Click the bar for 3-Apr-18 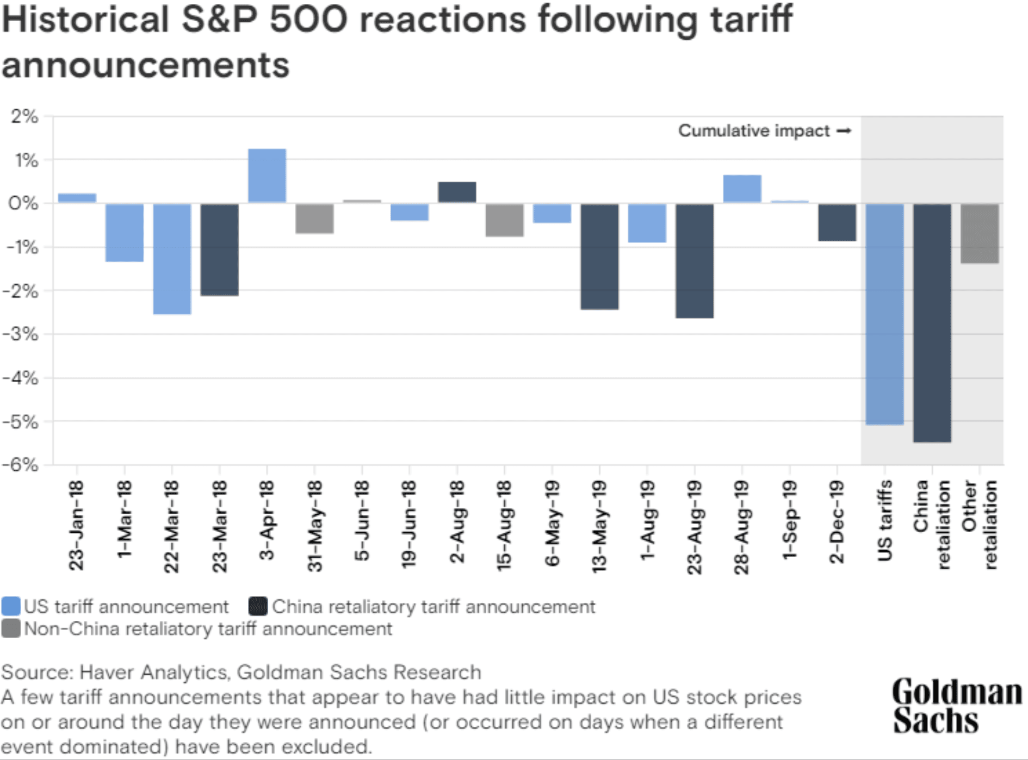pos(267,176)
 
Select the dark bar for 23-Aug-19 pos(694,260)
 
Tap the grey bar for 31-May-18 pos(314,219)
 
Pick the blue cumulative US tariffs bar pos(884,314)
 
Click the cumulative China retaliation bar pos(932,322)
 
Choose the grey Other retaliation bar pos(979,234)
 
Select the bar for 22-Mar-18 pos(172,259)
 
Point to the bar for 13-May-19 pos(599,257)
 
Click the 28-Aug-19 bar pos(742,189)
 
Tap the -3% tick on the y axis pos(22,334)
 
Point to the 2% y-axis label pos(24,116)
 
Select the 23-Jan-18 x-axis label pos(77,525)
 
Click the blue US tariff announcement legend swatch pos(11,606)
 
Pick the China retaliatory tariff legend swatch pos(258,606)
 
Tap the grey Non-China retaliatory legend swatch pos(11,628)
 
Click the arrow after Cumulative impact pos(844,131)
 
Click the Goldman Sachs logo pos(956,706)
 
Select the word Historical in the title pos(85,20)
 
